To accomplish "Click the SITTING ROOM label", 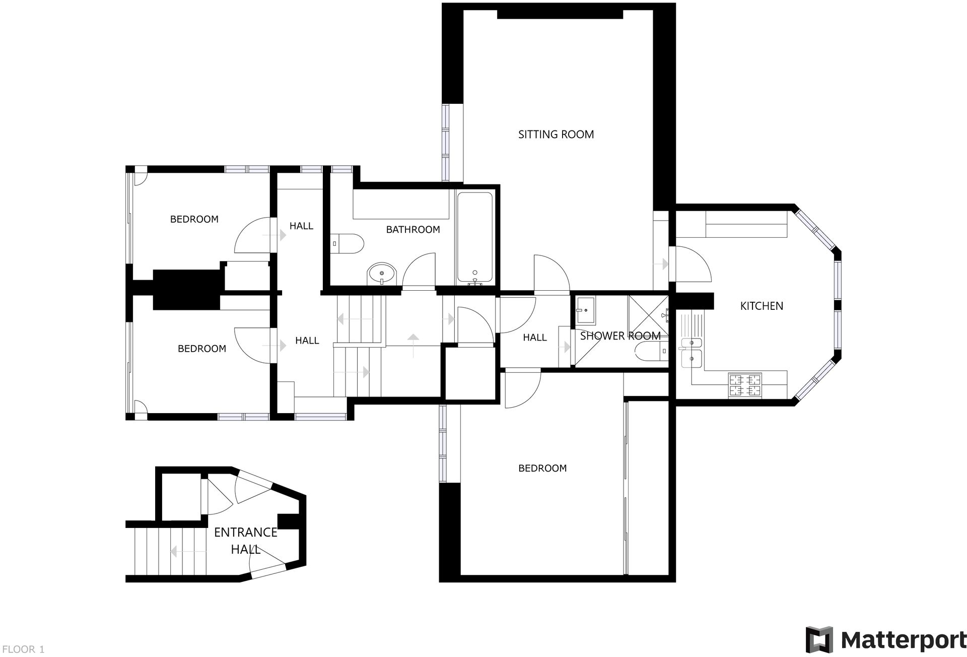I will [556, 135].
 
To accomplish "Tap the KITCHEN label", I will [762, 306].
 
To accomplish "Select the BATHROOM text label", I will [413, 230].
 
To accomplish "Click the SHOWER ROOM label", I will [620, 336].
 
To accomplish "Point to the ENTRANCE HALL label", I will [246, 541].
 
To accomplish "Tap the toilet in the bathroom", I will [349, 244].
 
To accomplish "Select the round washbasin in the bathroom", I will [382, 274].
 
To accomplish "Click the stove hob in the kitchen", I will [745, 385].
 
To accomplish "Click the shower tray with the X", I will [648, 315].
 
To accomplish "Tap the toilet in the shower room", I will [651, 351].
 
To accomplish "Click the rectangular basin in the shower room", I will [586, 310].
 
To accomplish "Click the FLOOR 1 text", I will [23, 649].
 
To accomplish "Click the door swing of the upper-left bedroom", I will [253, 235].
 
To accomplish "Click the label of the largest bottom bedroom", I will [542, 469].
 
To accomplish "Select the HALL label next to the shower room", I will [534, 338].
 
